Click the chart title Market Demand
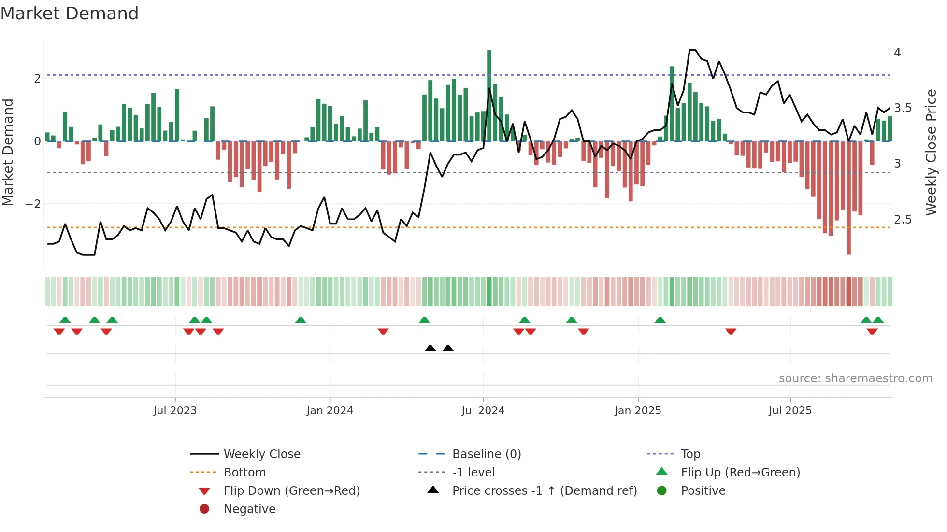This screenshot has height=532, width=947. coord(70,14)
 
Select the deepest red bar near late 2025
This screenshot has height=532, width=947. coord(848,198)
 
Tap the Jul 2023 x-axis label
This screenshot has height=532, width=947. coord(175,411)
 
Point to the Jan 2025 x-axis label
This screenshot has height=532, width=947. coord(638,411)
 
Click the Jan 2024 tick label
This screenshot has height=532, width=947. coord(330,411)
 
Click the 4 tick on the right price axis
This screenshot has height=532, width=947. coord(897,52)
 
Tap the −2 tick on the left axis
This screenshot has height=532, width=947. coord(33,204)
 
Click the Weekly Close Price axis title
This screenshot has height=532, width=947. coord(931,152)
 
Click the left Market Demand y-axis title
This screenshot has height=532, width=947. coord(8,152)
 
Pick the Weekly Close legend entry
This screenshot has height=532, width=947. coord(261,454)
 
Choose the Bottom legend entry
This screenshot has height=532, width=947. coord(244,473)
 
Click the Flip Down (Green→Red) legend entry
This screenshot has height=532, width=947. coord(291,491)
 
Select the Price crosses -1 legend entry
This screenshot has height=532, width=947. coord(544,491)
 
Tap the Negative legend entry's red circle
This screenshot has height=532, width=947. coord(204,509)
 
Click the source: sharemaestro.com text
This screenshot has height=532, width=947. coord(855,378)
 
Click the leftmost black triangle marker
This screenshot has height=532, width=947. coord(430,348)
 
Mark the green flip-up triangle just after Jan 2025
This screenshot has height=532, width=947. coord(660,320)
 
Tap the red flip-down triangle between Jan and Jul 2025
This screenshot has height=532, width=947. coord(731,331)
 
